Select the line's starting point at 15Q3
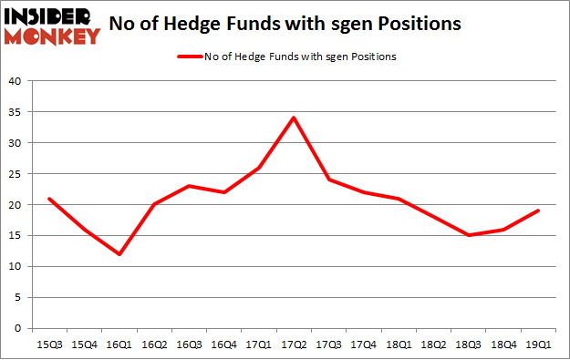50,198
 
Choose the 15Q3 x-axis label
50,345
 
